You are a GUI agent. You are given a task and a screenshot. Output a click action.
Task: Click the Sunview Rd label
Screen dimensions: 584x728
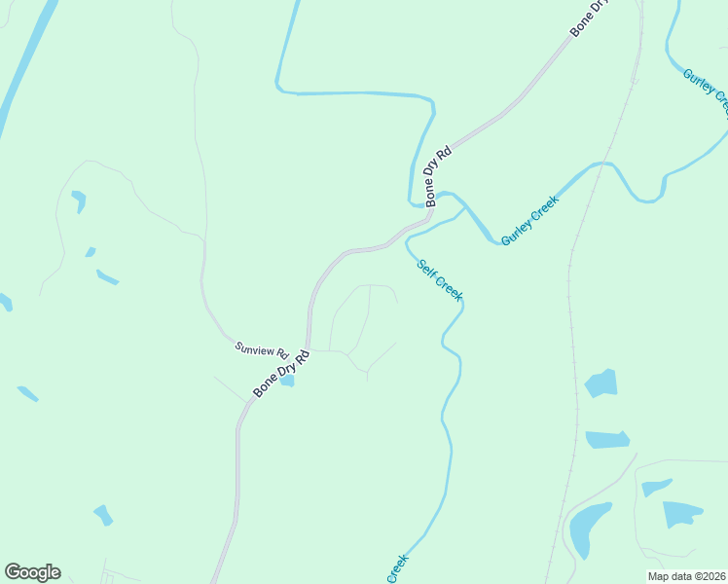coord(262,349)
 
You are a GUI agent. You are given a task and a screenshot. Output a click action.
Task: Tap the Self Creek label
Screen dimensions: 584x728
coord(440,280)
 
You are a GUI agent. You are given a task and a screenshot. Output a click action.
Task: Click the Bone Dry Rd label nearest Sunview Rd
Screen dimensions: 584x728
coord(281,372)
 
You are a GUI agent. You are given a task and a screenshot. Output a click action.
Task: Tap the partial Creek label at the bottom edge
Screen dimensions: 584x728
coord(398,569)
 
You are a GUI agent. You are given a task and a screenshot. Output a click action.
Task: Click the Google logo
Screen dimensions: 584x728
coord(32,572)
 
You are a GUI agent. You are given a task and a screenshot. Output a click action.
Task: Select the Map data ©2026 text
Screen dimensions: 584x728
coord(687,576)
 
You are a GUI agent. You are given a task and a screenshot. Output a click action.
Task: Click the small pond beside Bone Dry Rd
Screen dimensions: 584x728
coord(287,381)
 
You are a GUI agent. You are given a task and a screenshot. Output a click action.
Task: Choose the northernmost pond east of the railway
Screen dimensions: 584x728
coord(601,383)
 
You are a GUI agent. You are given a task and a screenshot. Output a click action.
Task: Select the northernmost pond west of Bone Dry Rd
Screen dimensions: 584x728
coord(79,200)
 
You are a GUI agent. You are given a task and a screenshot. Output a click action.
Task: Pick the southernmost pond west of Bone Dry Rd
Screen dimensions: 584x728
coord(102,515)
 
